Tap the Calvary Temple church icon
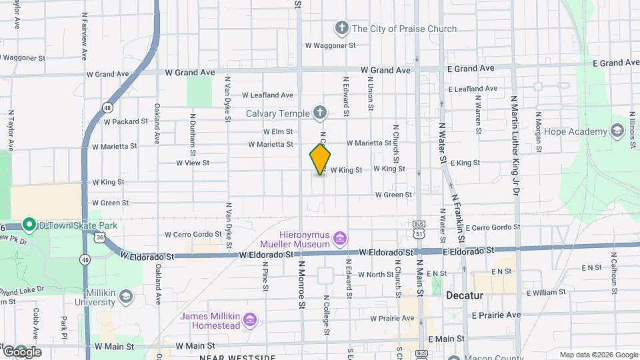coord(320,113)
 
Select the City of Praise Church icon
coord(341,29)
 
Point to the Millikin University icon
coord(127,296)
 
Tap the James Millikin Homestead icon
coord(250,320)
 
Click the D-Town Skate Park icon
coord(29,225)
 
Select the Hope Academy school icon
coord(616,131)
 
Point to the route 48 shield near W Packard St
coord(107,107)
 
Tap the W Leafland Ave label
coord(267,95)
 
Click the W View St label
coord(193,163)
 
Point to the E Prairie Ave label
coord(496,315)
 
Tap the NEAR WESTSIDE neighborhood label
coord(238,357)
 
